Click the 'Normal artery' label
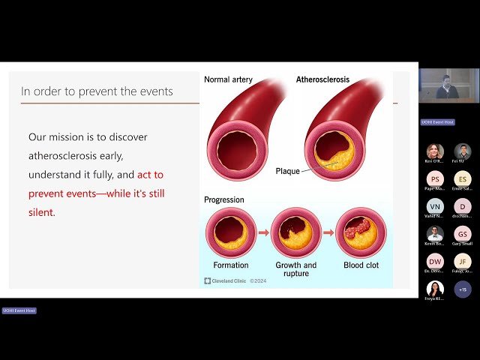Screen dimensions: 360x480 click(229, 79)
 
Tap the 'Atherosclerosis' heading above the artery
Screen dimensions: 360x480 click(323, 79)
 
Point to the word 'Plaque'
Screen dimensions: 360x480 click(287, 171)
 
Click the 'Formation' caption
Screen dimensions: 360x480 click(230, 265)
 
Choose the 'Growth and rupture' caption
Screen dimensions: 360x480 click(296, 269)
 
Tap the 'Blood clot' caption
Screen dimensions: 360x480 click(361, 265)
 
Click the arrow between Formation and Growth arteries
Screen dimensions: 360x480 click(263, 232)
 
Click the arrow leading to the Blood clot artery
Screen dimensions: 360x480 click(328, 232)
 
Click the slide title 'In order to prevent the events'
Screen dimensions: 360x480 click(97, 91)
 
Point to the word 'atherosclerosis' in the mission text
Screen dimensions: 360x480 click(68, 155)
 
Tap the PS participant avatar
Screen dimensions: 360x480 click(435, 178)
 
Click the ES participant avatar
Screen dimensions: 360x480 click(463, 178)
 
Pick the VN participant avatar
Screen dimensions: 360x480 click(435, 206)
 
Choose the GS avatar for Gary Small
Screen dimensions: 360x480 click(463, 233)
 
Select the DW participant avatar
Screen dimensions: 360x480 click(435, 261)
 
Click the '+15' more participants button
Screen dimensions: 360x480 click(463, 289)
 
